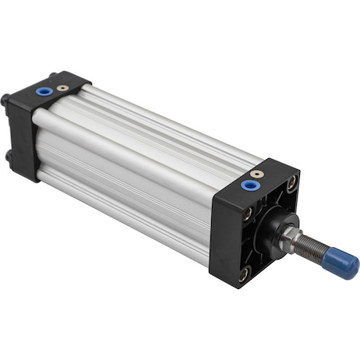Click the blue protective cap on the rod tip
click(x=341, y=263)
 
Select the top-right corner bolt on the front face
click(x=292, y=183)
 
